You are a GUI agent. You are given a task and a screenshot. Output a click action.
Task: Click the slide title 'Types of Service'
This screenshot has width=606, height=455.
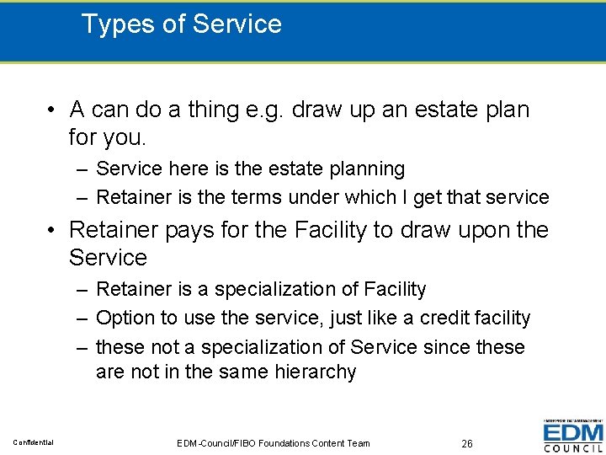click(181, 24)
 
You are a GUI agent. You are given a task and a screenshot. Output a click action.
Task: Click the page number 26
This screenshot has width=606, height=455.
click(467, 443)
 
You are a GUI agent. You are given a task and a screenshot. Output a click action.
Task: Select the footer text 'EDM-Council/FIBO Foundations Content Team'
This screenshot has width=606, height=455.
click(274, 443)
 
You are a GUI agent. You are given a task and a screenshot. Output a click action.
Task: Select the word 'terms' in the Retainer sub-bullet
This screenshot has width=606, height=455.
click(267, 198)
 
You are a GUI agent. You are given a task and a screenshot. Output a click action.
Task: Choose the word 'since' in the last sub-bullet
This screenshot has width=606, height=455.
click(444, 347)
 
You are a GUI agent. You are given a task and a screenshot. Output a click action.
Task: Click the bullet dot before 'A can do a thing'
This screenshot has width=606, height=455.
click(52, 110)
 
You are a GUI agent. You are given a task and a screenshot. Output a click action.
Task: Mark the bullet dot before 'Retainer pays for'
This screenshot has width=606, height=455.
click(52, 231)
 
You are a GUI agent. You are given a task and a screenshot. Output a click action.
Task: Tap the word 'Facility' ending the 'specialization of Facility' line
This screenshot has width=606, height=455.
click(395, 290)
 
